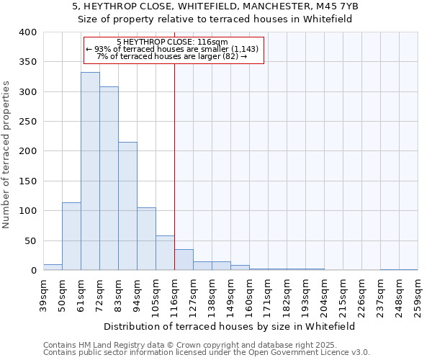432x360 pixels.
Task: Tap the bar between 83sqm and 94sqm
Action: [127, 206]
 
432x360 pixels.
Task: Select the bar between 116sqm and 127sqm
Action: [184, 260]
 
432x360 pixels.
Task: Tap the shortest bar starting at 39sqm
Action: [53, 267]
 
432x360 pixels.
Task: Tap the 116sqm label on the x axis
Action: [174, 294]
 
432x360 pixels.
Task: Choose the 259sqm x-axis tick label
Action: [418, 294]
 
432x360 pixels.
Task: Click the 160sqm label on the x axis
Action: [249, 294]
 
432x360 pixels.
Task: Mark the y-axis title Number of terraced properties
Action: [6, 155]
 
